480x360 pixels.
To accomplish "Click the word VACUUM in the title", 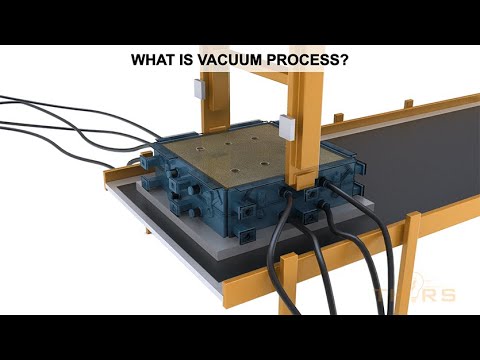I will point(216,60).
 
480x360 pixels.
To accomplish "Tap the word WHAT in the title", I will point(153,60).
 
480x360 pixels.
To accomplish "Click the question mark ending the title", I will point(343,60).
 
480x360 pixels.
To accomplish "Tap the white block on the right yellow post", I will point(286,127).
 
